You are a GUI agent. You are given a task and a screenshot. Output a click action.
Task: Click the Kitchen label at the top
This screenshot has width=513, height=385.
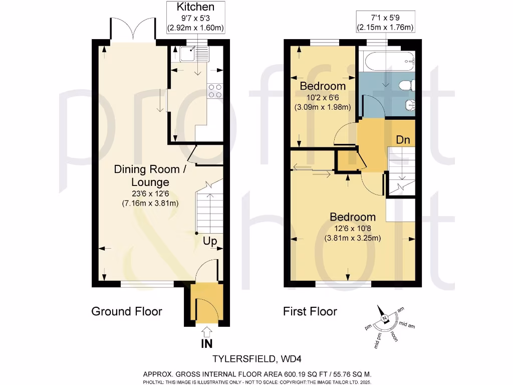pos(195,7)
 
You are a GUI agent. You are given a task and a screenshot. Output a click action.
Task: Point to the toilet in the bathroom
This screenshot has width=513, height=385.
pos(407,85)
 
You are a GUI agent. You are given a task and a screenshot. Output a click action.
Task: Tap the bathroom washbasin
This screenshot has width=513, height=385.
pos(409,105)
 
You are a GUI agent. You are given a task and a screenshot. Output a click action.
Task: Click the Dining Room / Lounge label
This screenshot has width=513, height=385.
pos(150,175)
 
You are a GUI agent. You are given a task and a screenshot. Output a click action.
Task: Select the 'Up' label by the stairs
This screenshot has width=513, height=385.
pos(210,241)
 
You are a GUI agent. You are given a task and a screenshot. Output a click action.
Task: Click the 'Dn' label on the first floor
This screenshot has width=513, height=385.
pos(403,140)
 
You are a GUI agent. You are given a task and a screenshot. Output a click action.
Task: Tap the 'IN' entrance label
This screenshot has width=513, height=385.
pos(206,344)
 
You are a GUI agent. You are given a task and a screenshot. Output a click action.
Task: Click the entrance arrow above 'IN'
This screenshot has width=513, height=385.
pos(206,330)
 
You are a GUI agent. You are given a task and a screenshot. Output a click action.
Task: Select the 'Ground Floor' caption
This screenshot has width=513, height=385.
pos(126,311)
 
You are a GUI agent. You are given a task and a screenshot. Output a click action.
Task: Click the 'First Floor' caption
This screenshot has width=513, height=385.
pos(310,311)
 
